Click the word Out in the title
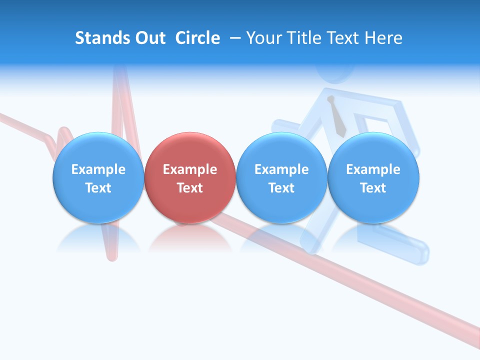(148, 38)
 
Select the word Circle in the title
(197, 38)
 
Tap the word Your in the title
(264, 38)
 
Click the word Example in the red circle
(190, 169)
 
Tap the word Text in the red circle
(190, 188)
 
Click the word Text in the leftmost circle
(98, 188)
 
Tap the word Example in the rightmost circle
(373, 169)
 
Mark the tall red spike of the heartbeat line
(119, 100)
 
